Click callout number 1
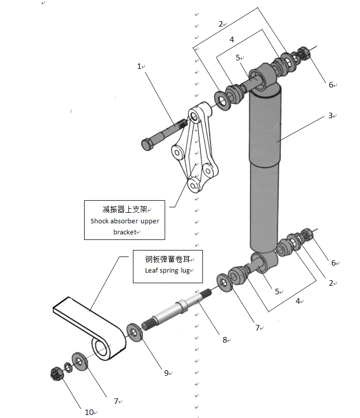(139, 66)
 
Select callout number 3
(331, 115)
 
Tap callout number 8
(225, 340)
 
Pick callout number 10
(89, 412)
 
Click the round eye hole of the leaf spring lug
(100, 347)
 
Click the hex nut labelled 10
(56, 374)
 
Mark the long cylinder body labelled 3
(264, 166)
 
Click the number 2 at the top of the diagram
(221, 23)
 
